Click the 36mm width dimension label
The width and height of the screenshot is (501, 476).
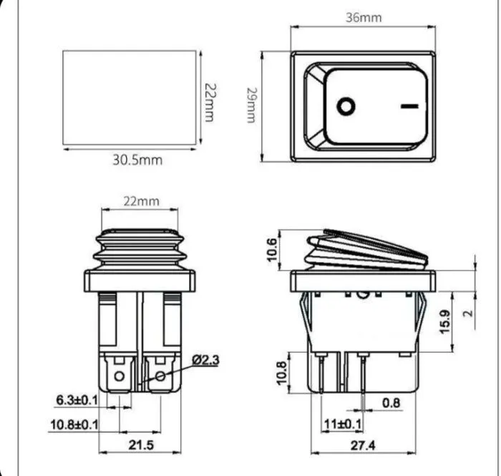click(364, 18)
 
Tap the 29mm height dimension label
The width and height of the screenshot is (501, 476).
click(252, 105)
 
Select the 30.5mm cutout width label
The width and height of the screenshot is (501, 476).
click(137, 160)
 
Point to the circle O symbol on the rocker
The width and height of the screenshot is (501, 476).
click(346, 106)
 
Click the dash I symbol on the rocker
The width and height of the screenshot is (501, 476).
click(409, 106)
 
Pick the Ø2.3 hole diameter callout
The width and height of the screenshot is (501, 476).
click(206, 360)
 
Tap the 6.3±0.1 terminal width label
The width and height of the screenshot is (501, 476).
click(77, 400)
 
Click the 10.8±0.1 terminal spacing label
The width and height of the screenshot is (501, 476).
click(74, 425)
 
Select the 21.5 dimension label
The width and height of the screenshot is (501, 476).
click(141, 445)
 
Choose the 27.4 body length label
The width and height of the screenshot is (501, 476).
click(364, 445)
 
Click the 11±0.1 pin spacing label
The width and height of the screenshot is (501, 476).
click(343, 424)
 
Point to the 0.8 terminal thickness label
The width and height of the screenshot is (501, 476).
click(391, 403)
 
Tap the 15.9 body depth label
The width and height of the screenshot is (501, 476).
click(445, 321)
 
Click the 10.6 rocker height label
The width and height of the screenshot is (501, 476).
click(271, 250)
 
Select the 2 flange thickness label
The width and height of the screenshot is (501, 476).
click(468, 313)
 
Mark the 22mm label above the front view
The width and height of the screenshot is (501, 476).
click(141, 201)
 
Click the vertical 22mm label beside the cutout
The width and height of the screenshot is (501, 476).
click(210, 103)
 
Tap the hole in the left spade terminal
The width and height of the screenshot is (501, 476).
click(120, 376)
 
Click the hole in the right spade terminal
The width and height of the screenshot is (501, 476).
click(161, 376)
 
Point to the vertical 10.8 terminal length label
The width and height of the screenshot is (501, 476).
click(281, 373)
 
